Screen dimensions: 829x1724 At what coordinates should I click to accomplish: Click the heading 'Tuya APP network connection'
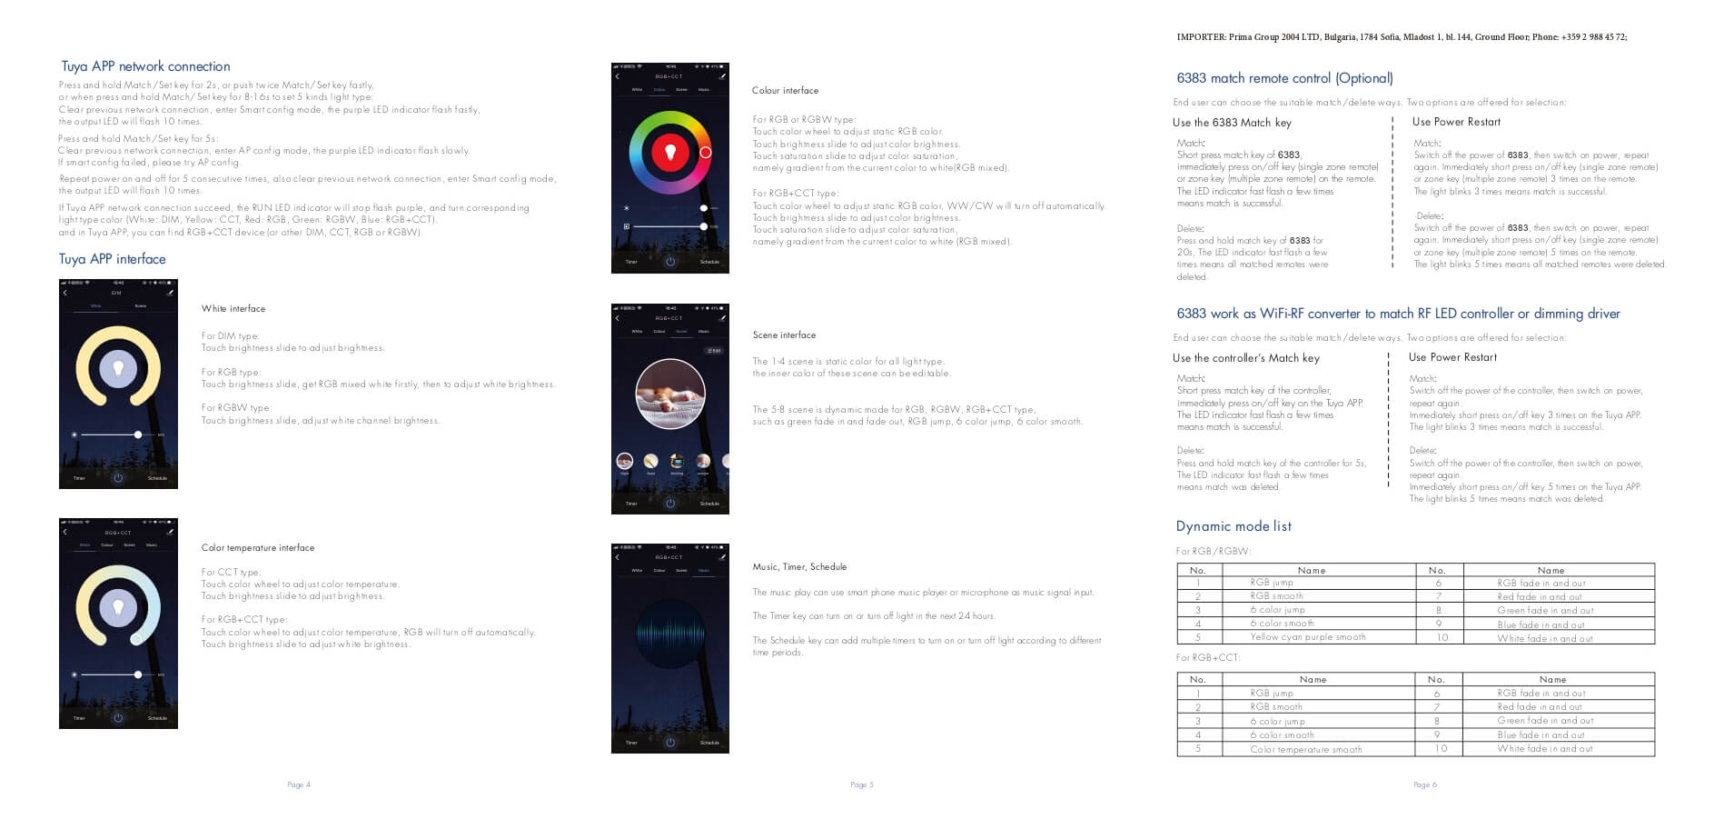click(x=145, y=66)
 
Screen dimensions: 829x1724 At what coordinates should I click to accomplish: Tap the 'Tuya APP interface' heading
click(x=113, y=259)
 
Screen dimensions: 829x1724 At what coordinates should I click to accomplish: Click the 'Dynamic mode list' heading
click(x=1233, y=526)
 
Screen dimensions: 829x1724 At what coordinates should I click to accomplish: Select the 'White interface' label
click(x=233, y=309)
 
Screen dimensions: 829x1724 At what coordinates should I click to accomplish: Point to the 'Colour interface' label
click(x=785, y=91)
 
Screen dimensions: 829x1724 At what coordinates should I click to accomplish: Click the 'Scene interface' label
click(x=784, y=335)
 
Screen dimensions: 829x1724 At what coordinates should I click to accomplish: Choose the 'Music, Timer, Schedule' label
click(x=799, y=567)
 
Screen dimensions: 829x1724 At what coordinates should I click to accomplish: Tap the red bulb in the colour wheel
click(x=670, y=151)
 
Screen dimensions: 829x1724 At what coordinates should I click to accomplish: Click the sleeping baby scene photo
click(x=670, y=394)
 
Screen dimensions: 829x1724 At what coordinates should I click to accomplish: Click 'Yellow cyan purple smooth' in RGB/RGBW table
click(x=1307, y=637)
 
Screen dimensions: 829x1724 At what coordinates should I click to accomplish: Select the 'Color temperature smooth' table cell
click(x=1305, y=750)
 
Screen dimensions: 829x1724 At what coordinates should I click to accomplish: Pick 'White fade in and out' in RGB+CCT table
click(x=1544, y=749)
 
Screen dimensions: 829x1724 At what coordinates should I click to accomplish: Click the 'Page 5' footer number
click(x=861, y=784)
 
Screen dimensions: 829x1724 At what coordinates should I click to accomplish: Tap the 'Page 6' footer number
click(x=1424, y=784)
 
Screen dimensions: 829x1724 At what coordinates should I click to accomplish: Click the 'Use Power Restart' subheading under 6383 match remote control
click(x=1456, y=122)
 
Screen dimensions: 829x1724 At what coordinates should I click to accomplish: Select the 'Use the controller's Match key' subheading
click(x=1245, y=358)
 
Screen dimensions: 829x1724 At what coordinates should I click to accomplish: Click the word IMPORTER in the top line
click(x=1201, y=37)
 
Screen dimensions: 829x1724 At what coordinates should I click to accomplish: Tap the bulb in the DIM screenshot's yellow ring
click(x=118, y=368)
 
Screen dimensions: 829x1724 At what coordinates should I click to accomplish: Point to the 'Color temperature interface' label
click(x=258, y=548)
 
